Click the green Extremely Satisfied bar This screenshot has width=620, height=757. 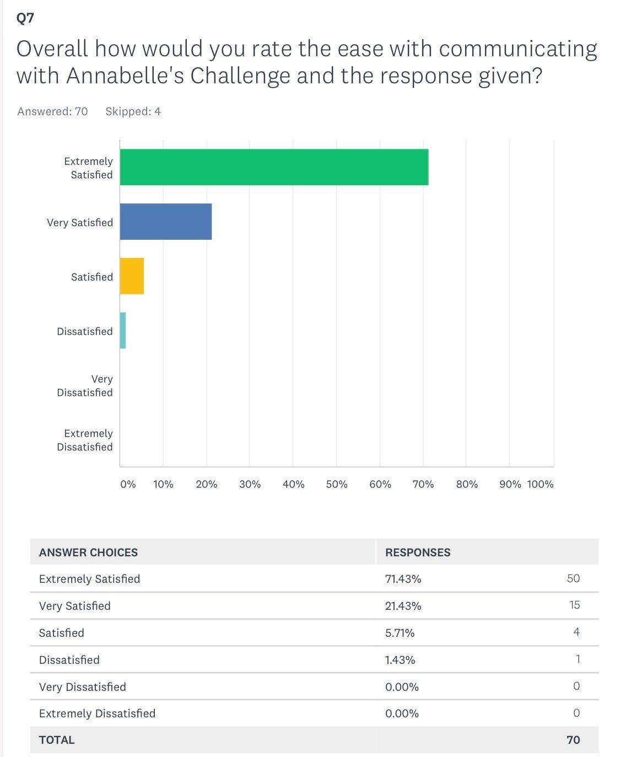click(x=274, y=167)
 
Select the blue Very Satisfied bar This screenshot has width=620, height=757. click(x=165, y=222)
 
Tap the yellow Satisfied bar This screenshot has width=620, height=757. click(x=132, y=276)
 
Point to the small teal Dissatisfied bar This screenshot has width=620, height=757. click(x=123, y=330)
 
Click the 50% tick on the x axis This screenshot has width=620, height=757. click(x=336, y=484)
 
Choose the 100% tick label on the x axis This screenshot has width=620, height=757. click(x=540, y=484)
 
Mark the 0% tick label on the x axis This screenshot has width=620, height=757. click(x=128, y=484)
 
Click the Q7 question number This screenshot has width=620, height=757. click(x=25, y=18)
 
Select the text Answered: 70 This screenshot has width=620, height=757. click(x=52, y=111)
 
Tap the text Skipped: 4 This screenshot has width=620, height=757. click(x=133, y=111)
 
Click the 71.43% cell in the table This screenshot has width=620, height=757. click(x=403, y=579)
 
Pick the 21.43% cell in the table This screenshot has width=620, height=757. click(x=403, y=606)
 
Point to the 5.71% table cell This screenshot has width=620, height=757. click(x=400, y=633)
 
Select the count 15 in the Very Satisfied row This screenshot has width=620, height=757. click(x=574, y=605)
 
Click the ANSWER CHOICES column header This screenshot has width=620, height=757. click(x=88, y=552)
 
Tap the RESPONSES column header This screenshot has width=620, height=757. click(x=418, y=552)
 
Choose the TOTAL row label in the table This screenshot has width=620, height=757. click(x=57, y=740)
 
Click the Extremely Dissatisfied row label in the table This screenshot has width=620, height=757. click(x=97, y=713)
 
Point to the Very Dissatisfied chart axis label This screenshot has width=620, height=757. click(x=85, y=385)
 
